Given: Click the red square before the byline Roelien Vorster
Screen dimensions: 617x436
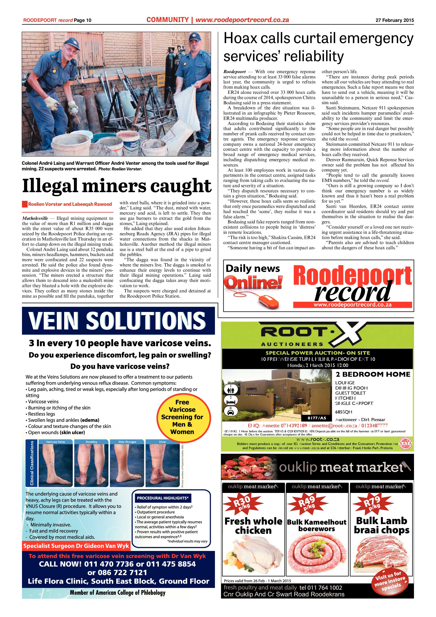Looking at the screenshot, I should pyautogui.click(x=25, y=204).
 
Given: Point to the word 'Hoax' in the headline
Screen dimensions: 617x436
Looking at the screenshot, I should pyautogui.click(x=243, y=38).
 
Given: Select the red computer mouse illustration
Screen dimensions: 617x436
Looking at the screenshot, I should pyautogui.click(x=268, y=299).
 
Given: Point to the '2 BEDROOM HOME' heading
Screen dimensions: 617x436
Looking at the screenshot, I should pyautogui.click(x=373, y=374).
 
